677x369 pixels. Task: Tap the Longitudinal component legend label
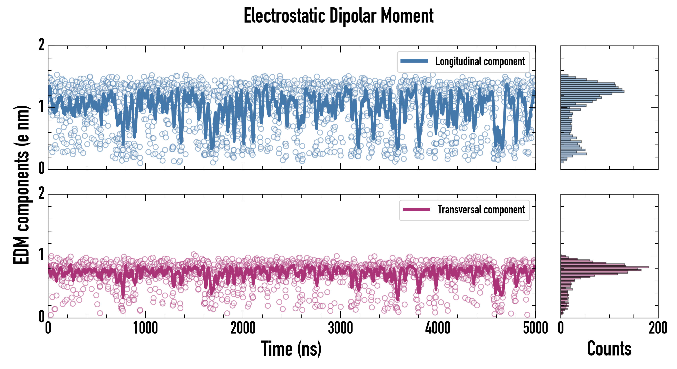pyautogui.click(x=480, y=61)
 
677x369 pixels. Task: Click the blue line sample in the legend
pyautogui.click(x=414, y=61)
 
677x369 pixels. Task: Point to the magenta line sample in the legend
pyautogui.click(x=416, y=209)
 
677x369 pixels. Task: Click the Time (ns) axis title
pyautogui.click(x=291, y=348)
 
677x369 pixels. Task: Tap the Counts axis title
pyautogui.click(x=609, y=348)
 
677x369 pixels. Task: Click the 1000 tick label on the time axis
pyautogui.click(x=145, y=328)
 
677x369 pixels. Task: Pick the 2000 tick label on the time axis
pyautogui.click(x=243, y=328)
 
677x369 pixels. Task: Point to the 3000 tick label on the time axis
pyautogui.click(x=340, y=328)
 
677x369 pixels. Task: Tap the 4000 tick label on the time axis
pyautogui.click(x=438, y=328)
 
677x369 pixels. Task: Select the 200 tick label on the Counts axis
pyautogui.click(x=658, y=328)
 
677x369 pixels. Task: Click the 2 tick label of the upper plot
pyautogui.click(x=41, y=45)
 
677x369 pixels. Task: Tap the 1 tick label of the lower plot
pyautogui.click(x=41, y=255)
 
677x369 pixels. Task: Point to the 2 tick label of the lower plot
pyautogui.click(x=41, y=194)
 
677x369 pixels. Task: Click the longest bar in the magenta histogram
pyautogui.click(x=604, y=267)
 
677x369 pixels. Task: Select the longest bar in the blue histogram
pyautogui.click(x=592, y=91)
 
